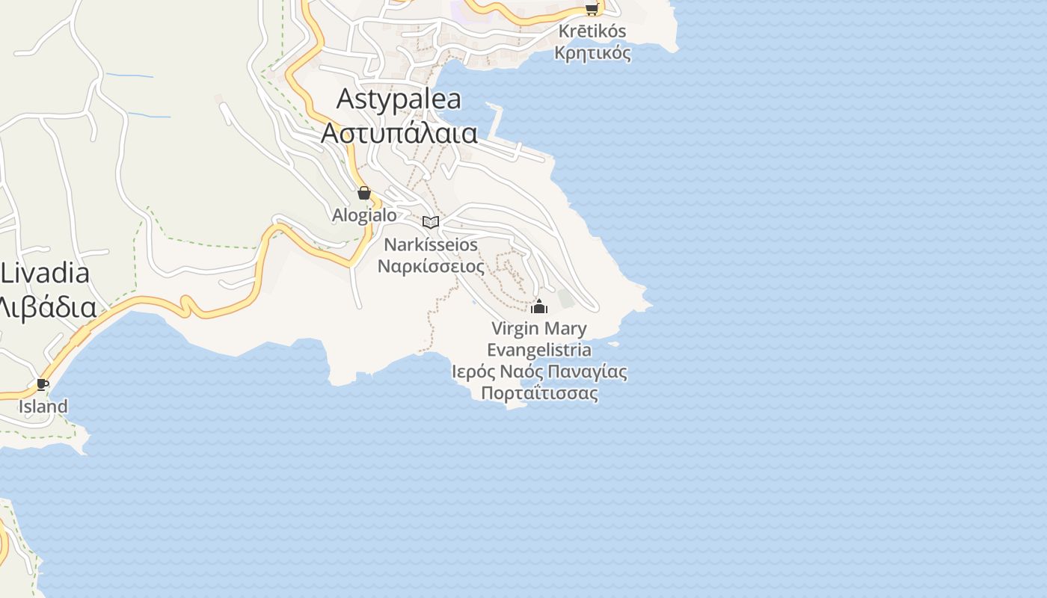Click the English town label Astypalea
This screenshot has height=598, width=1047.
click(399, 99)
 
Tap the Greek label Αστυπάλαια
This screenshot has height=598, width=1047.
click(399, 132)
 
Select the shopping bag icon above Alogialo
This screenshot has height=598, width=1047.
click(364, 193)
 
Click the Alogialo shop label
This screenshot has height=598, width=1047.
click(364, 215)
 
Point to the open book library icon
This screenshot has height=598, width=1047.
click(430, 222)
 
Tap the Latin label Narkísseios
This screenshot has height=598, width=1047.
click(430, 245)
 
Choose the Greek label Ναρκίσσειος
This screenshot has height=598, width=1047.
click(430, 266)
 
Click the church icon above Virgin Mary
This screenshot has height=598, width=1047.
click(538, 306)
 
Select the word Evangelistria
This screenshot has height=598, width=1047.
click(538, 350)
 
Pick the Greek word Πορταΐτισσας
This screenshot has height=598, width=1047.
click(539, 393)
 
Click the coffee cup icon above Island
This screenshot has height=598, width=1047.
click(43, 385)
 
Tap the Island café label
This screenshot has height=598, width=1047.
click(43, 407)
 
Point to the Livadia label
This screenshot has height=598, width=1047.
click(45, 274)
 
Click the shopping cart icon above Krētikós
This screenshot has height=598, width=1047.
click(592, 9)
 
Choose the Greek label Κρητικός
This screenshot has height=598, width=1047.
click(592, 53)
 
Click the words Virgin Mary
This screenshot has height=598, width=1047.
click(538, 328)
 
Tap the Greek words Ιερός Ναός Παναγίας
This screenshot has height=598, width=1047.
click(539, 372)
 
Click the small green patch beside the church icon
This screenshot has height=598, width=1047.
click(565, 299)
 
